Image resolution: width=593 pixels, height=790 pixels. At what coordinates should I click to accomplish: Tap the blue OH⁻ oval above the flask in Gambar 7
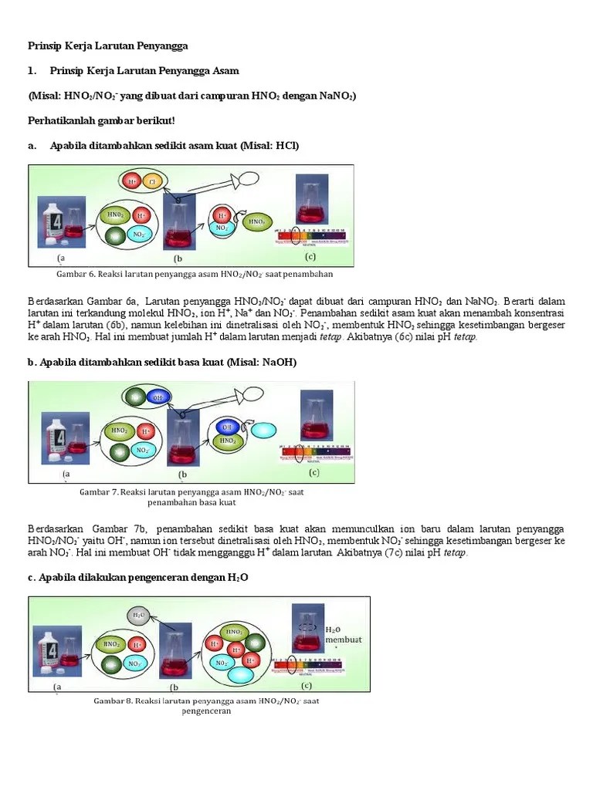(158, 397)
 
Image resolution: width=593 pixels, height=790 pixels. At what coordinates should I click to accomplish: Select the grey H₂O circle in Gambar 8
(137, 615)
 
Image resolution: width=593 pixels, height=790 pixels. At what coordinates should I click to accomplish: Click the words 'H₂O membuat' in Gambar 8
(344, 634)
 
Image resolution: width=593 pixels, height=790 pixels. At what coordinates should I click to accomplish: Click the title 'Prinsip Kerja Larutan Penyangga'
(108, 46)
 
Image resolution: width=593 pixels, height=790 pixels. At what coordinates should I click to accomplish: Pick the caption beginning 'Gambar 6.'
(194, 273)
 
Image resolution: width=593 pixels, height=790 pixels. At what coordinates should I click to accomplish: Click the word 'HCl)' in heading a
(284, 146)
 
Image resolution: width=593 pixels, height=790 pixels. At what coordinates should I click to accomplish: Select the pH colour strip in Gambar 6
(313, 235)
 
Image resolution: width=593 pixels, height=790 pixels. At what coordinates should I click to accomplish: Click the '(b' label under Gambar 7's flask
(183, 474)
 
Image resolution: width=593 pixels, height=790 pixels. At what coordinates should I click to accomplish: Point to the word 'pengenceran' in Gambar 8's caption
(206, 711)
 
